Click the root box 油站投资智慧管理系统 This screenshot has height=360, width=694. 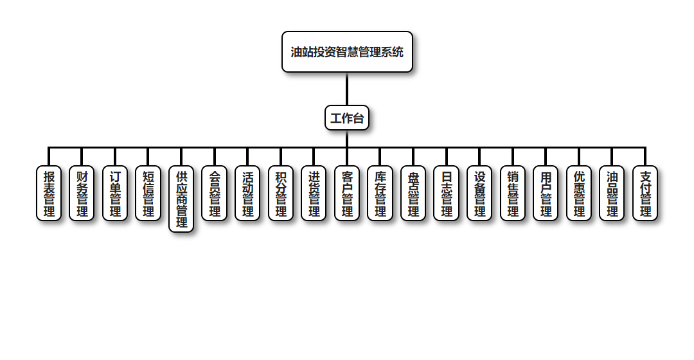(x=347, y=52)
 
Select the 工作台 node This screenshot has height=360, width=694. (x=347, y=118)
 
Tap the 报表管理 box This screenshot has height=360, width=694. (x=49, y=194)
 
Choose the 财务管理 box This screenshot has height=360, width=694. (x=82, y=194)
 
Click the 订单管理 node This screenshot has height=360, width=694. (x=115, y=194)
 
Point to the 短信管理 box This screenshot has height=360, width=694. (x=148, y=194)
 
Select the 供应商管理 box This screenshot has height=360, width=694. (x=181, y=199)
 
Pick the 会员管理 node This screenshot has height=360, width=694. (x=215, y=194)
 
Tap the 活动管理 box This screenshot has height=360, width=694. (x=247, y=194)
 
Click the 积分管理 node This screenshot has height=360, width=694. (x=281, y=194)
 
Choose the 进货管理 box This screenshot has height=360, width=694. (x=314, y=194)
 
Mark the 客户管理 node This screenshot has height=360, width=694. (x=347, y=194)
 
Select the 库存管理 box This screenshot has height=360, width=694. (x=380, y=194)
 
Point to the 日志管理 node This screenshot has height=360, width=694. (x=447, y=194)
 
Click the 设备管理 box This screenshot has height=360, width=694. (x=479, y=194)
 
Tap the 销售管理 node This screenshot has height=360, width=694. (x=513, y=194)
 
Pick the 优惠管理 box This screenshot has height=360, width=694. (x=579, y=194)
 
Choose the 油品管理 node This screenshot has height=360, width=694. (x=612, y=194)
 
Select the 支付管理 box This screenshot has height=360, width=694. (x=645, y=194)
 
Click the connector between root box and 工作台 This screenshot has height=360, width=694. (x=347, y=89)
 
